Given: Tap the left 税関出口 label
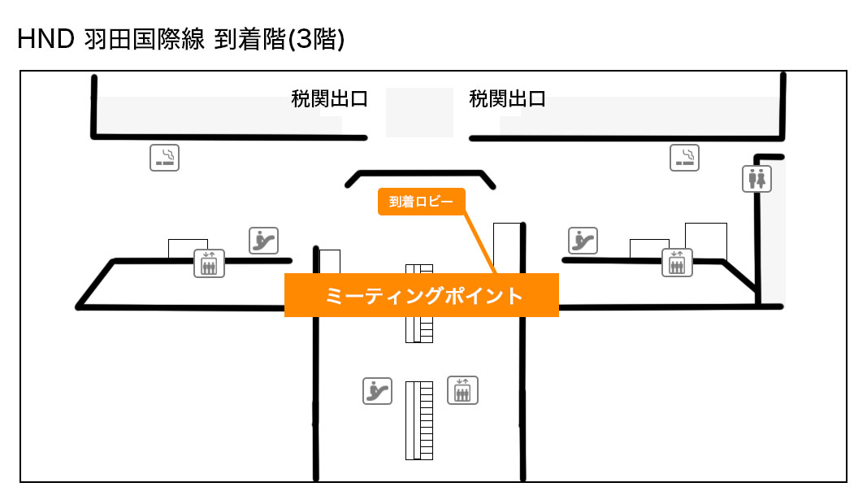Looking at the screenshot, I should point(329,99).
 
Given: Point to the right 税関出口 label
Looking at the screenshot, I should point(507,99).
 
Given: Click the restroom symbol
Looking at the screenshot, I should point(756,179).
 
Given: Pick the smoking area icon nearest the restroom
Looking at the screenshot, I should point(684,158).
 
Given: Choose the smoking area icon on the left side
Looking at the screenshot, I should point(164,158).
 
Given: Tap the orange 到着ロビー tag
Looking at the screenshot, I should point(421,202).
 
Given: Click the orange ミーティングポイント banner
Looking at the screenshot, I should point(421,295).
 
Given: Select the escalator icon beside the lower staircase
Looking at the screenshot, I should point(377,391).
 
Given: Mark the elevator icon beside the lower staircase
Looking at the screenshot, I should point(463,390).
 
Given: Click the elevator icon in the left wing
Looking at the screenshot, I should point(209,263).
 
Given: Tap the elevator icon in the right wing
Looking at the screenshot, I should point(676,263).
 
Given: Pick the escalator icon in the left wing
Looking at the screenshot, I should point(263,241).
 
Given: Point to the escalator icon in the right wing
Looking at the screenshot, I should point(583,241).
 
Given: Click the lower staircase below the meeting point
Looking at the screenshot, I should point(419,420).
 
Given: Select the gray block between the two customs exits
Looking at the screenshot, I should point(419,112).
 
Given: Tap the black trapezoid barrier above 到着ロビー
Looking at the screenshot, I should point(420,172).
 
